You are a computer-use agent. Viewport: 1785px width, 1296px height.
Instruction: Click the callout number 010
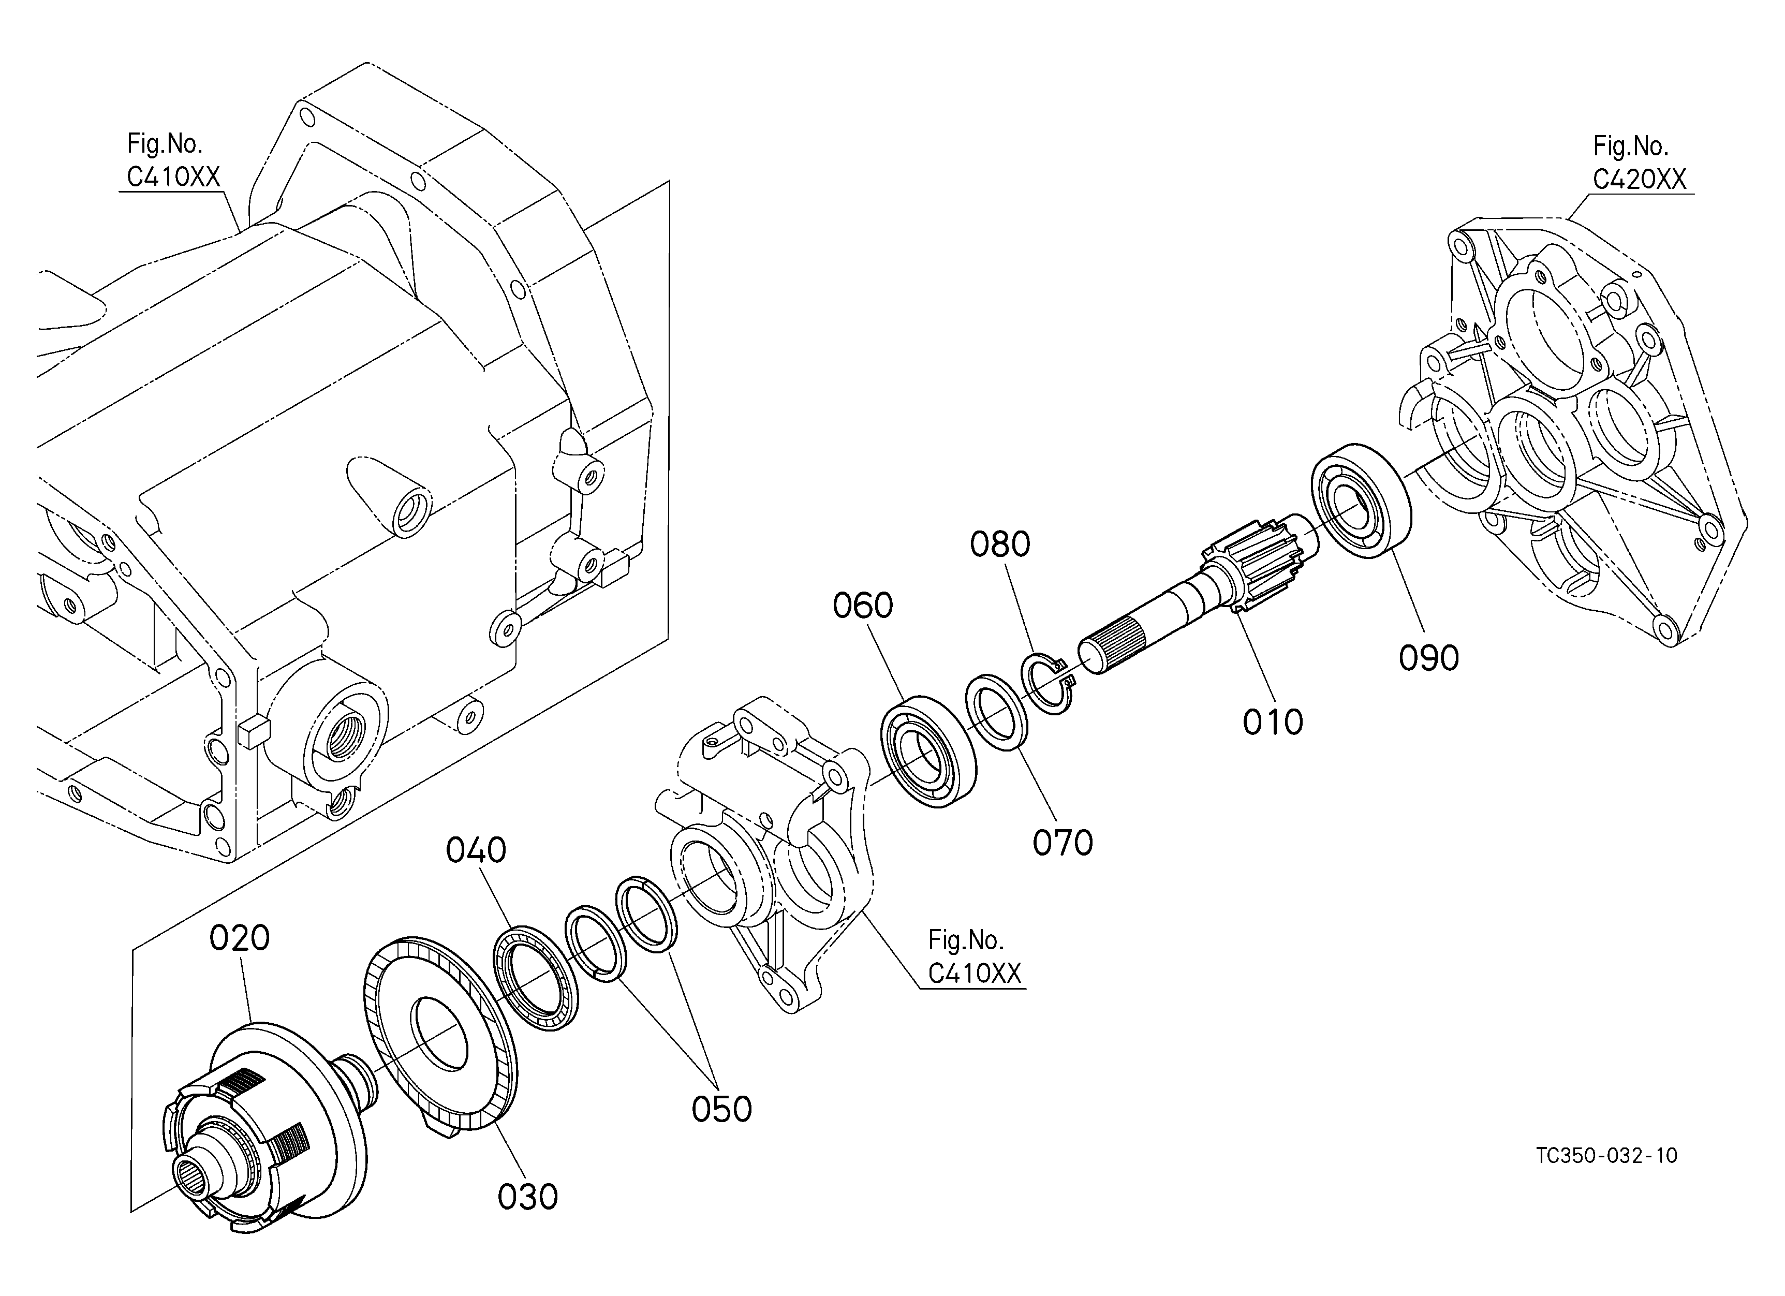(1273, 721)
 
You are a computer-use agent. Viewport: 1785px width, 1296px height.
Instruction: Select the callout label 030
(527, 1197)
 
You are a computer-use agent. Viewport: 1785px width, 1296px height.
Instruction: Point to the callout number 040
(476, 850)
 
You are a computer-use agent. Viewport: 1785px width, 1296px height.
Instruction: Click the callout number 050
(722, 1109)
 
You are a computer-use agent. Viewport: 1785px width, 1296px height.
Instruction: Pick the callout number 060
(863, 606)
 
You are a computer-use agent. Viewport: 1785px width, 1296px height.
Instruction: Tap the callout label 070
(1063, 843)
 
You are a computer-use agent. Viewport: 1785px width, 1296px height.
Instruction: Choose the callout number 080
(999, 544)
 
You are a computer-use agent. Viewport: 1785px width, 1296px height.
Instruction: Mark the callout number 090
(1428, 658)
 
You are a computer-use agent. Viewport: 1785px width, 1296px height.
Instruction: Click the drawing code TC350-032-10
(1606, 1155)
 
